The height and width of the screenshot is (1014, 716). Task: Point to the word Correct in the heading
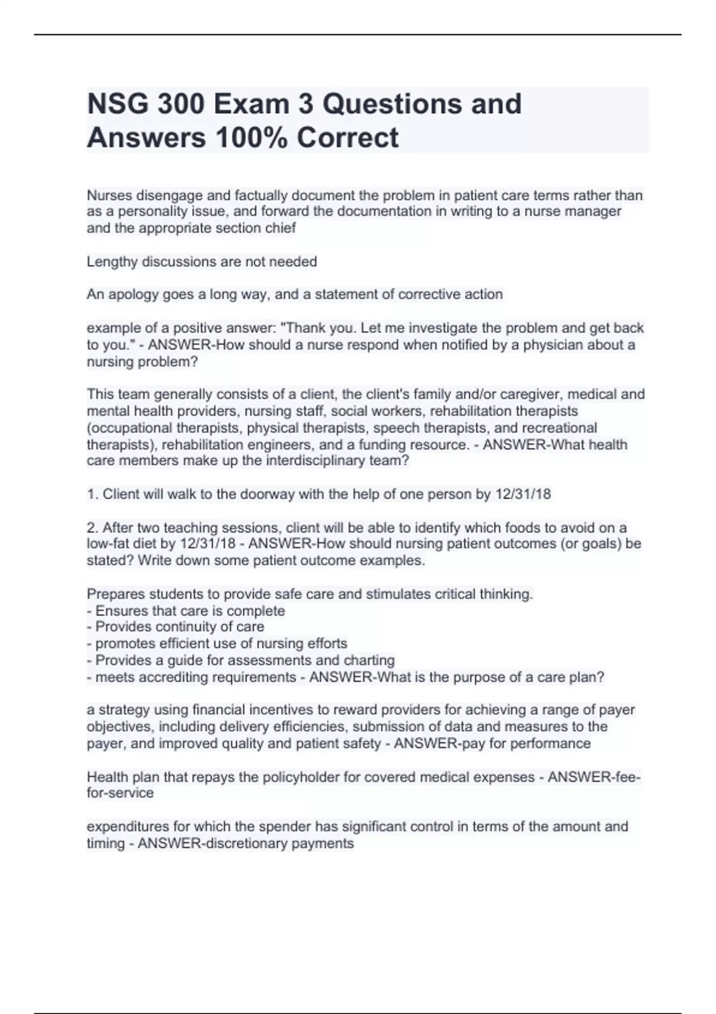347,138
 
